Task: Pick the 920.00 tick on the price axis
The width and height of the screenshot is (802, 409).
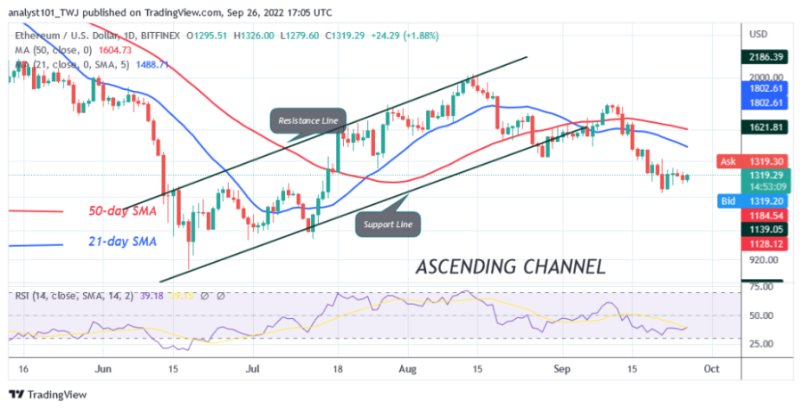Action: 764,260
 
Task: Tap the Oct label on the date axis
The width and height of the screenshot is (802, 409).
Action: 711,366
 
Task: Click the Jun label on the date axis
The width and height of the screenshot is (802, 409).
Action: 103,366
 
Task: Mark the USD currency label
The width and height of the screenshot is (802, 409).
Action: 760,34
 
